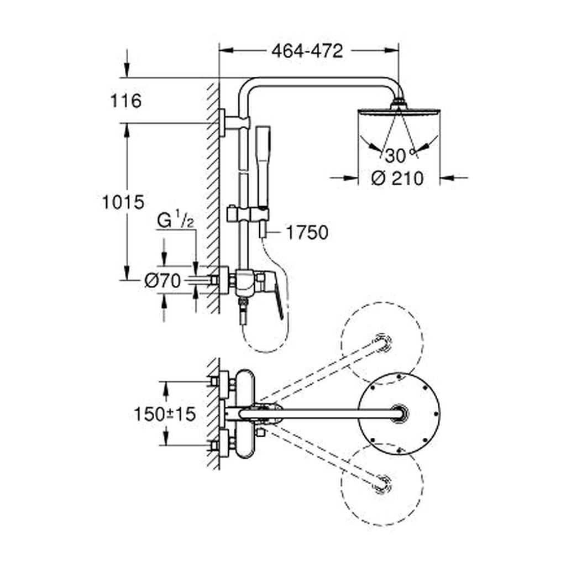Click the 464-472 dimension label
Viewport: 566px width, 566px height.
coord(307,51)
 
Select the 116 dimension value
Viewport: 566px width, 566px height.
coord(125,101)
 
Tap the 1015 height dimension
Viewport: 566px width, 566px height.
coord(123,202)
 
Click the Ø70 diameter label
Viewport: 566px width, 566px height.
coord(163,280)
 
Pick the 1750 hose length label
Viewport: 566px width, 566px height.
coord(307,233)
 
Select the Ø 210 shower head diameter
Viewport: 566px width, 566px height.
coord(397,179)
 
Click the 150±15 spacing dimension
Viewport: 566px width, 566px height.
coord(165,414)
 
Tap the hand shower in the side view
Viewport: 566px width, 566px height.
coord(264,181)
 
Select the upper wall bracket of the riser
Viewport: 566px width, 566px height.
coord(234,123)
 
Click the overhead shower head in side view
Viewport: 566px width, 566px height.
coord(399,111)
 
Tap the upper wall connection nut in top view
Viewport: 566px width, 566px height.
coord(214,381)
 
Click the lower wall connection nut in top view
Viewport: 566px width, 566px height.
coord(214,446)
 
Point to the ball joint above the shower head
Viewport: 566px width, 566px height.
coord(398,103)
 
